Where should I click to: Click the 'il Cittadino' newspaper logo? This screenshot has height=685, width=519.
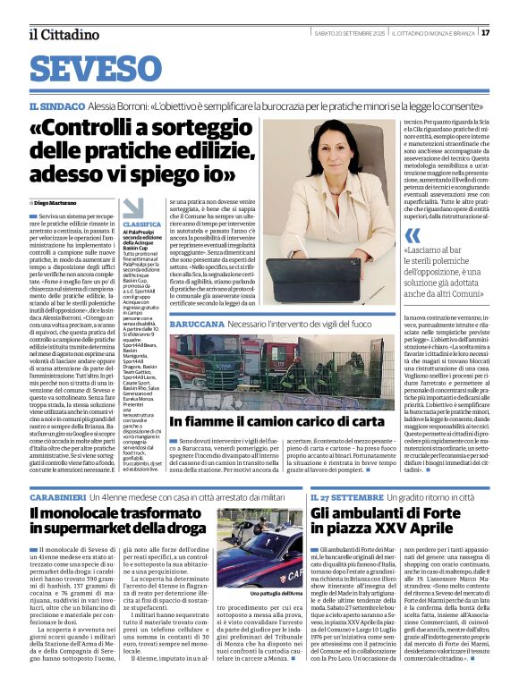(x=63, y=34)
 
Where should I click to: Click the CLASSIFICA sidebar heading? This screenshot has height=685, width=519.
(x=142, y=224)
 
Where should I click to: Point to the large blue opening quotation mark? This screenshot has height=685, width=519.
(x=413, y=236)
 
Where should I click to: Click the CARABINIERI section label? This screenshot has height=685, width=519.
(x=61, y=496)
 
